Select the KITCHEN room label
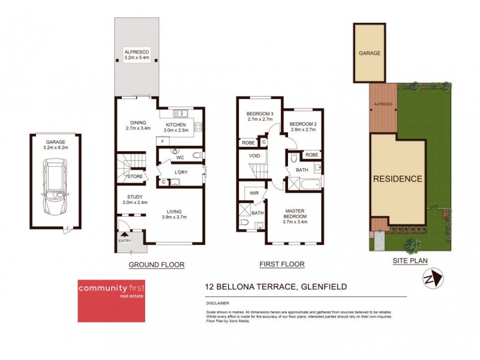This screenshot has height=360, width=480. [176, 125]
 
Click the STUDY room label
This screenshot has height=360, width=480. [134, 197]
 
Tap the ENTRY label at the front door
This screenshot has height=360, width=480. [125, 241]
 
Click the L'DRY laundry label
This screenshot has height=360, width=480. [181, 173]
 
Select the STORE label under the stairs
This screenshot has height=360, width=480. [136, 177]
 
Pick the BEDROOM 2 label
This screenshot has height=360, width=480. [302, 124]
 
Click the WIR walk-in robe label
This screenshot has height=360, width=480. [254, 194]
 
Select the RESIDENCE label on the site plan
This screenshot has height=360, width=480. [398, 179]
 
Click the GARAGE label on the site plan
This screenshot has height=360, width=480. [370, 53]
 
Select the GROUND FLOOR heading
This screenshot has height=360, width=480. [157, 265]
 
